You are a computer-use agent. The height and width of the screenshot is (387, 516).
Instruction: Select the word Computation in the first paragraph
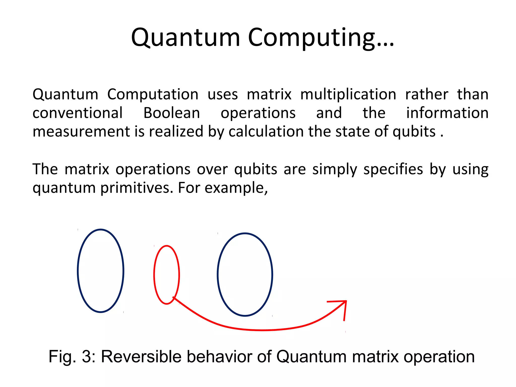[x=153, y=94]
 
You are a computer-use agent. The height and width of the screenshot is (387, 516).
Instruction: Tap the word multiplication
[x=348, y=94]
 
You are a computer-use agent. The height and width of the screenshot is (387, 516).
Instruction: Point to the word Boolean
[x=172, y=113]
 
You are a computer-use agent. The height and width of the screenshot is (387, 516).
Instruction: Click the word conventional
[x=78, y=113]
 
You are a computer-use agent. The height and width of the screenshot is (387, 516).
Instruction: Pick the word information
[x=447, y=113]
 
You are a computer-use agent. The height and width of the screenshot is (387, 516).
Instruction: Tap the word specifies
[x=393, y=169]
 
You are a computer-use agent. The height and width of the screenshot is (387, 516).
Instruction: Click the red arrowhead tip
[x=346, y=301]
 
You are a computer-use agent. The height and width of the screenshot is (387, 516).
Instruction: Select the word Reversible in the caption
[x=141, y=357]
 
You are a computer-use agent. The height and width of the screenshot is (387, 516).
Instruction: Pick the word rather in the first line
[x=427, y=94]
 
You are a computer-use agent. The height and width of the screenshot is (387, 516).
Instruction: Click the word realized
[x=176, y=132]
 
